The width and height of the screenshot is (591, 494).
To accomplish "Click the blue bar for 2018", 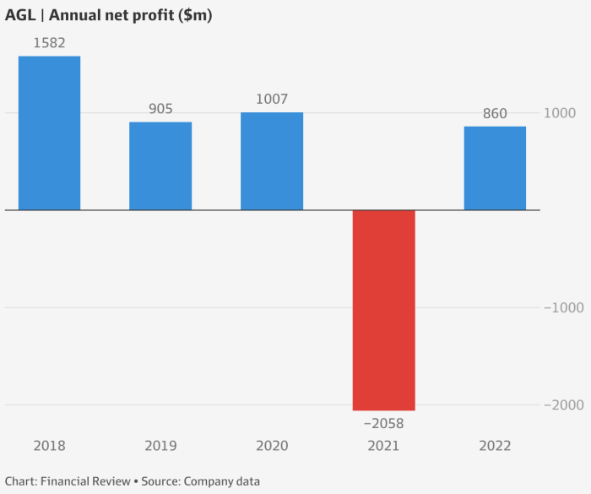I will [x=50, y=133].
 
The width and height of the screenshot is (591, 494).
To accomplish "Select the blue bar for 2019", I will [x=160, y=166].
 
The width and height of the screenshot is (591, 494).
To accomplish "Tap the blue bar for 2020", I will [x=272, y=160].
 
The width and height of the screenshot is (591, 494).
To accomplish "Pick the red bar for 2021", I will [x=383, y=310].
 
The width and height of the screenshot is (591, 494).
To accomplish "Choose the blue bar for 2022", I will [x=495, y=168].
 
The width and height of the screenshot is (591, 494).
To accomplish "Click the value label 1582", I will [x=50, y=42].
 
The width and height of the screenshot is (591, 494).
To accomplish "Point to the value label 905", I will [x=160, y=108].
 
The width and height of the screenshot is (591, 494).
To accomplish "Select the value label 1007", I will [x=272, y=99].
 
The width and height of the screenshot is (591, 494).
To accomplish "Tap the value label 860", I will [x=495, y=113].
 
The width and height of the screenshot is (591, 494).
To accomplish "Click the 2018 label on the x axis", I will [x=50, y=446].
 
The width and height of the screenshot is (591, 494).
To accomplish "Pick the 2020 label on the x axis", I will [x=272, y=446].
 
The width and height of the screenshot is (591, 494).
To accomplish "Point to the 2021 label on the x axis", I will [x=383, y=446].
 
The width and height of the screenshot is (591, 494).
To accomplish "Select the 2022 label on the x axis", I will [x=495, y=446].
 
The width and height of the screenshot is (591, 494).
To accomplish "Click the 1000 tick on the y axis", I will [x=559, y=113].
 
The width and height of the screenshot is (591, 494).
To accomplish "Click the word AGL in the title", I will [x=20, y=15].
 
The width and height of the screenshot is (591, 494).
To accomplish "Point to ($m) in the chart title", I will [x=193, y=15].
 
